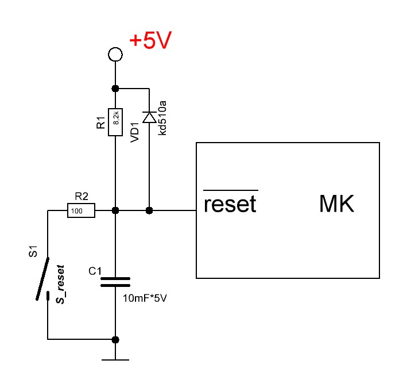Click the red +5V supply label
tap(150, 41)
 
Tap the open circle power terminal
tap(115, 55)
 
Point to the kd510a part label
tap(163, 117)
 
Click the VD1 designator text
tap(135, 131)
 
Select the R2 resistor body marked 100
tap(81, 211)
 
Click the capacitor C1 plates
tap(115, 282)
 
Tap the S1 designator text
tap(33, 252)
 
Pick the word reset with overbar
tap(230, 204)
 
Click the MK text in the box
tap(337, 204)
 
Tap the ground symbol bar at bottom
tap(115, 361)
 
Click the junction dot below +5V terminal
tap(115, 89)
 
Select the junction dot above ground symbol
tap(115, 339)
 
